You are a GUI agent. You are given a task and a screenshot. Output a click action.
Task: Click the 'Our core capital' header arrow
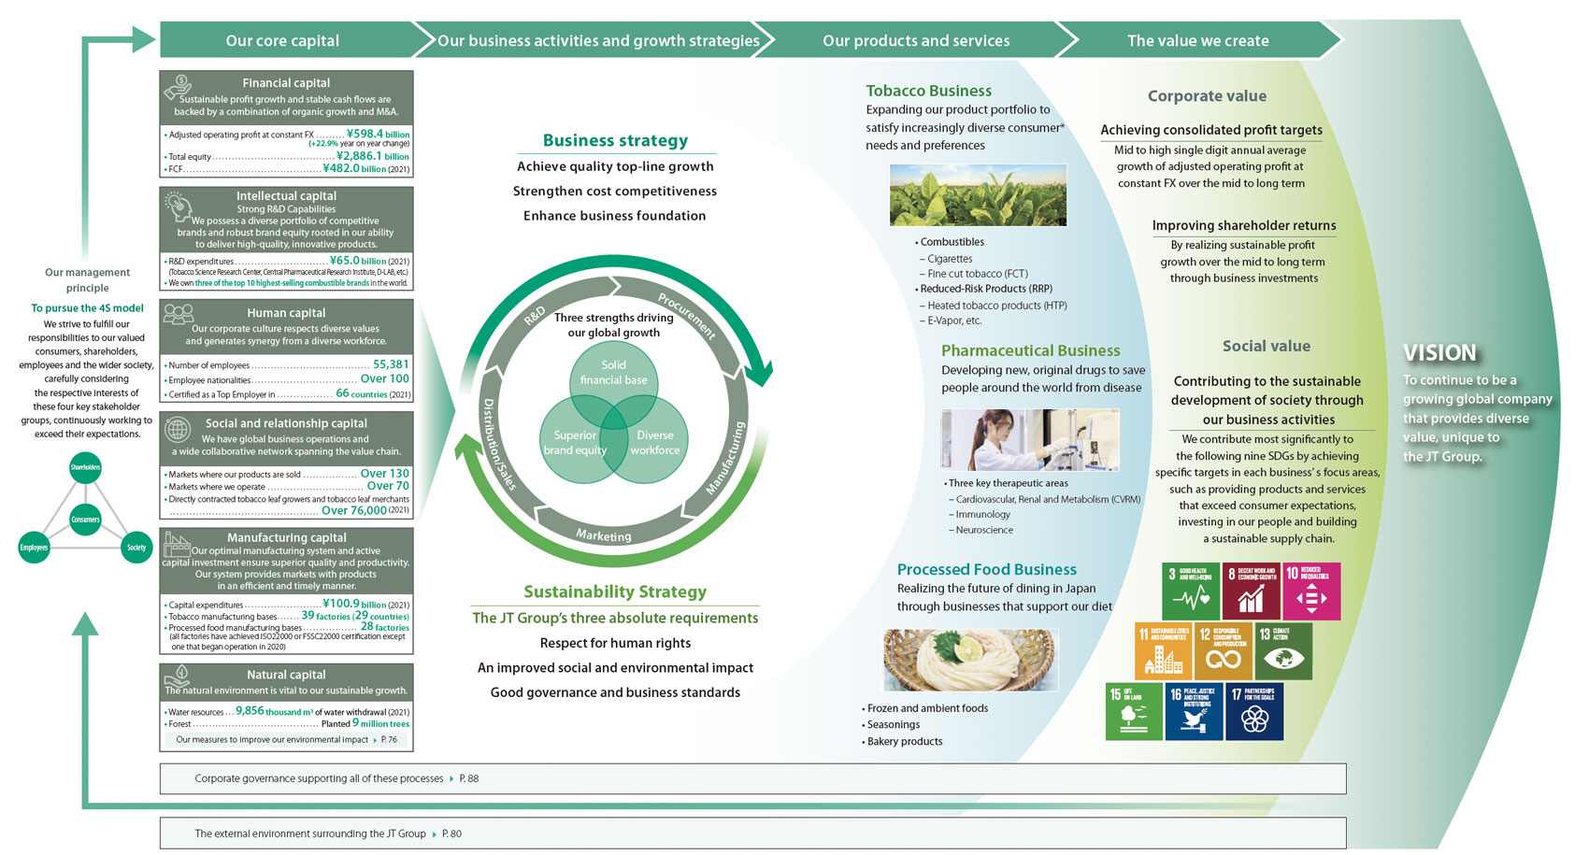click(282, 41)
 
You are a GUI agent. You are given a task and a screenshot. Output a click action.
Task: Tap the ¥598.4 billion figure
click(378, 134)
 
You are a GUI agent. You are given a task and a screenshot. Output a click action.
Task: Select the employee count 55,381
click(391, 364)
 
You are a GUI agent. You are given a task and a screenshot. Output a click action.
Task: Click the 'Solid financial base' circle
click(613, 373)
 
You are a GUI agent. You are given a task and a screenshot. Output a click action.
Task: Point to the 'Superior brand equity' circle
click(575, 443)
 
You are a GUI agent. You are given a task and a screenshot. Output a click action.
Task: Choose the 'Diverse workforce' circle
click(655, 443)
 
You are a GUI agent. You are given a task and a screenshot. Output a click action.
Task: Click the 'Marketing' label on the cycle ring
click(603, 535)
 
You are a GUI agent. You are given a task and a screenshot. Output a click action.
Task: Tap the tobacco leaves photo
click(978, 195)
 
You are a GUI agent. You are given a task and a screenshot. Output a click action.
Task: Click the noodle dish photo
click(970, 660)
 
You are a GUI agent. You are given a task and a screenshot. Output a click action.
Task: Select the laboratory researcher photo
click(1029, 439)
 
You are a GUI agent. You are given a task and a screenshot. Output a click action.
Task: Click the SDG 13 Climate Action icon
click(1283, 651)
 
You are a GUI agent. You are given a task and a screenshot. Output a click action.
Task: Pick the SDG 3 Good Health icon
click(1191, 591)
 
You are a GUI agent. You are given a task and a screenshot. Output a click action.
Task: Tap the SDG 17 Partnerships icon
click(1254, 712)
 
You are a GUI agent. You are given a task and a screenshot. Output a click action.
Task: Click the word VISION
click(1439, 353)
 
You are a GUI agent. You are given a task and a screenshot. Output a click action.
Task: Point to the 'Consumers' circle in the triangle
click(85, 520)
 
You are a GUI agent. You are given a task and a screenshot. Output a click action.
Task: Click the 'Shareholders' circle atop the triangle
click(85, 466)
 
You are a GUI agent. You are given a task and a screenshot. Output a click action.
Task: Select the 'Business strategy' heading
click(615, 140)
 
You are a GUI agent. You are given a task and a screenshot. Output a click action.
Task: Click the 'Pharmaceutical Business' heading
click(1030, 350)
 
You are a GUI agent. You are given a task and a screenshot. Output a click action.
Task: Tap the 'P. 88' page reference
click(469, 778)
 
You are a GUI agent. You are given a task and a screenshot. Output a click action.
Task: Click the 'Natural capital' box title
click(286, 675)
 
